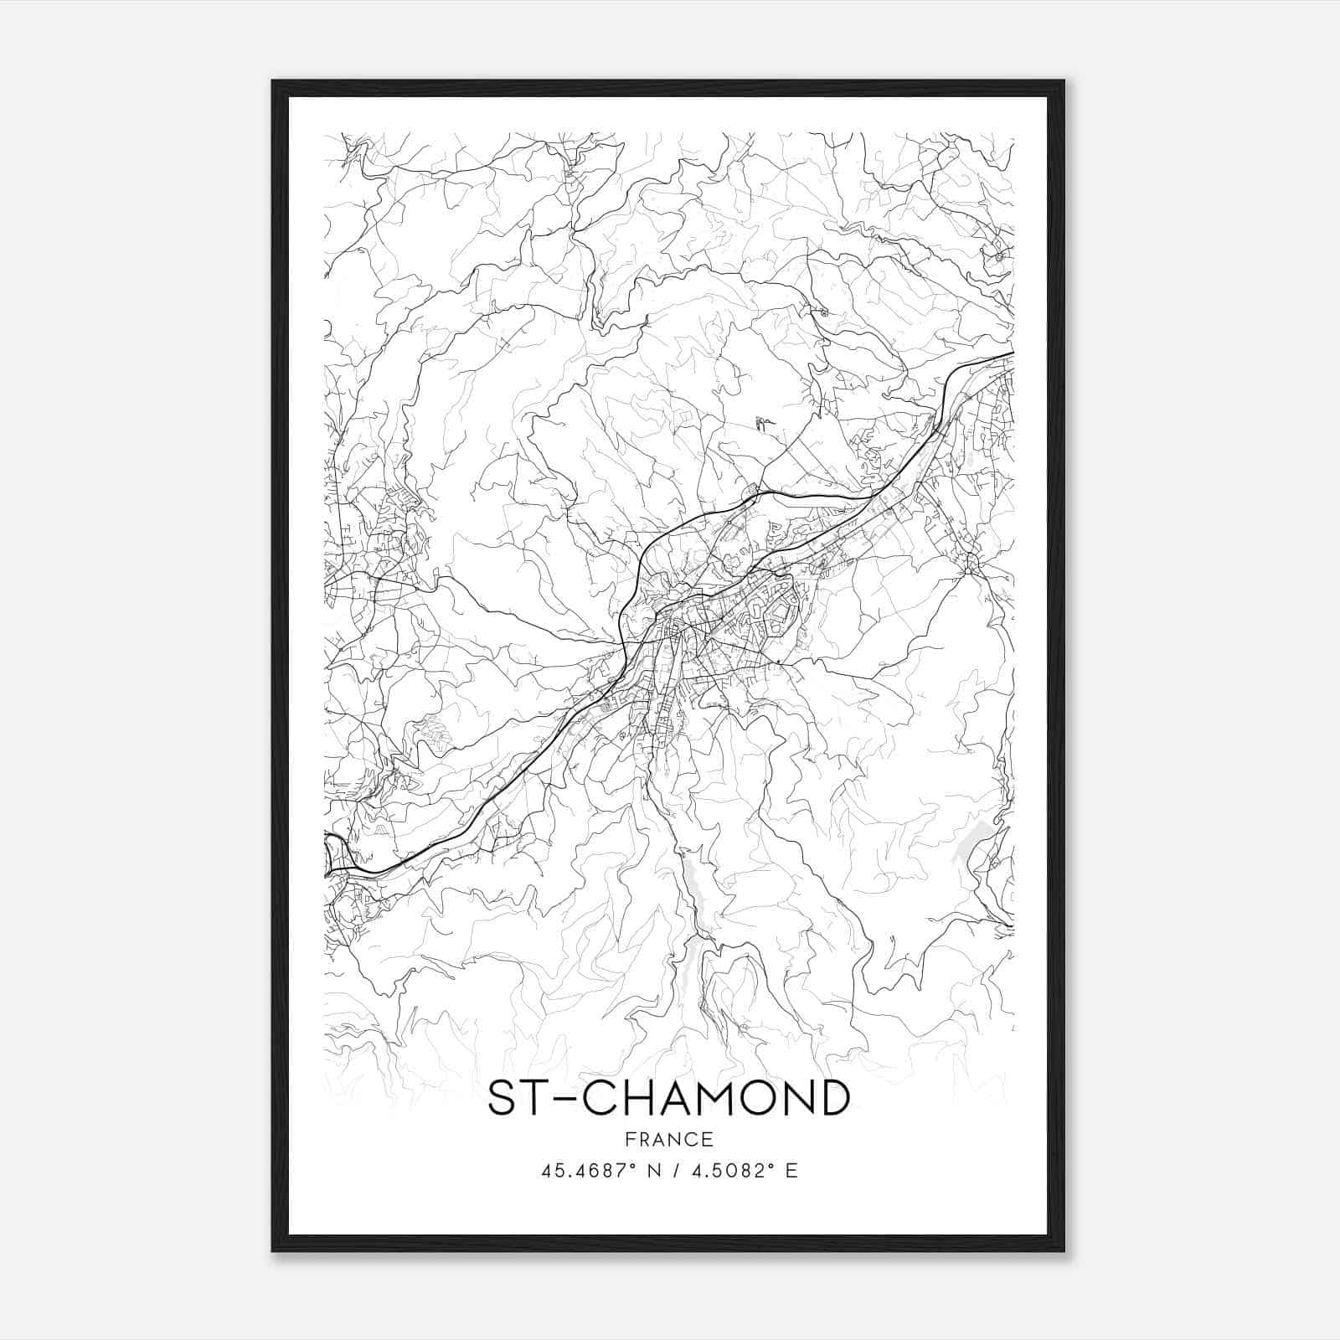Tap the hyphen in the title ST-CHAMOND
(560, 1100)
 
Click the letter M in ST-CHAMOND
(724, 1099)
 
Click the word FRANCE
(669, 1139)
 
